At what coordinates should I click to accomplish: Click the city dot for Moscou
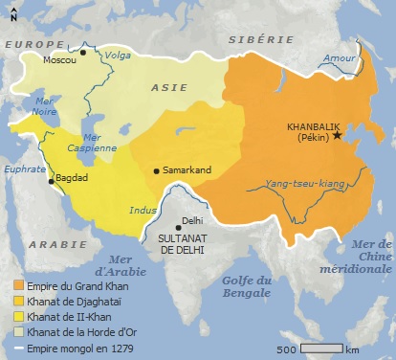(x=83, y=53)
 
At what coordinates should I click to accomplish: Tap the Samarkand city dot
(x=157, y=171)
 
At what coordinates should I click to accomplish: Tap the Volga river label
(x=118, y=68)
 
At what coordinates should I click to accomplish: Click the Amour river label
(x=339, y=59)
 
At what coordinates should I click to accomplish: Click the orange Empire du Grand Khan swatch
(x=19, y=285)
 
